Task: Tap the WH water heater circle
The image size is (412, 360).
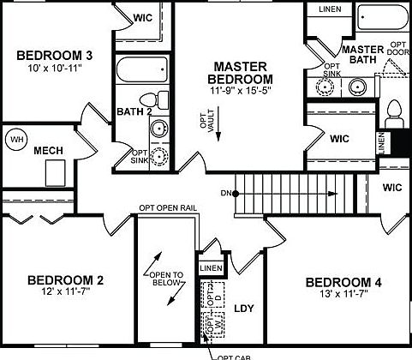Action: point(16,139)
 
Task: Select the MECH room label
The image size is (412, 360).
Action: point(47,151)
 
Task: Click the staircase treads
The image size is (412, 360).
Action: point(291,193)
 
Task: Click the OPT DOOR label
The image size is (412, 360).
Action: point(398,50)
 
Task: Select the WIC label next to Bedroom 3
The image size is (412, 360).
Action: point(142,16)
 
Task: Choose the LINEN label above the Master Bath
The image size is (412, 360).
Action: point(329,9)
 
